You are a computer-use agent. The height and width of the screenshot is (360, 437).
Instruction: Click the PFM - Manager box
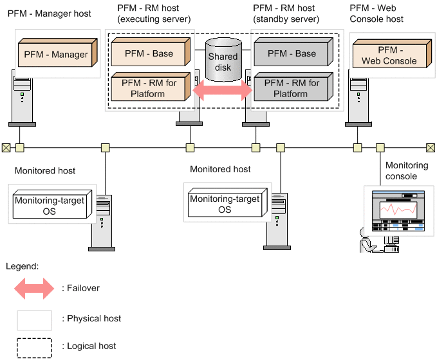[x=57, y=55]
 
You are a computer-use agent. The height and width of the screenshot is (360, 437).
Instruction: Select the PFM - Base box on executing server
[x=149, y=53]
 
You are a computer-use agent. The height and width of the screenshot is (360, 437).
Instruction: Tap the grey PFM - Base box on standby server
[x=291, y=53]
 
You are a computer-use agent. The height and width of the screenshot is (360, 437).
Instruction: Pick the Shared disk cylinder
[x=222, y=59]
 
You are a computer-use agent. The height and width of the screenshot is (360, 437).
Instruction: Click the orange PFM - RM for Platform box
[x=149, y=88]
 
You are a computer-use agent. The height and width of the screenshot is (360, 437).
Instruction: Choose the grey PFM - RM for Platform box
[x=291, y=88]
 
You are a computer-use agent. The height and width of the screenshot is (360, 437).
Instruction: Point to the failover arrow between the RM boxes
[x=222, y=90]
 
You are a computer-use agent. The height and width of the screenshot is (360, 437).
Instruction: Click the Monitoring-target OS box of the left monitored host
[x=49, y=206]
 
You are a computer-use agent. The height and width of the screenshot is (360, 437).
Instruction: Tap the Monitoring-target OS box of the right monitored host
[x=224, y=204]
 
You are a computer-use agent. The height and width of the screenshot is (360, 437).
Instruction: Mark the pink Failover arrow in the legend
[x=35, y=289]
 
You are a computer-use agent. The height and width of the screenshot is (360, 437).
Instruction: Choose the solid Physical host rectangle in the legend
[x=35, y=319]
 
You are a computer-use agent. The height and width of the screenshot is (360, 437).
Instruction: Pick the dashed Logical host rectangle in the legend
[x=35, y=347]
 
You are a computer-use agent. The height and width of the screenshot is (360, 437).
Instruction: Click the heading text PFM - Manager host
[x=50, y=14]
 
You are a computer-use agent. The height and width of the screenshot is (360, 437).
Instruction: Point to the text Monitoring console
[x=406, y=171]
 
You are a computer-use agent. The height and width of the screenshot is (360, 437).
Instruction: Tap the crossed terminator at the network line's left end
[x=6, y=147]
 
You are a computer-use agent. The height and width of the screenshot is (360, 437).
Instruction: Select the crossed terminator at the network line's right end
[x=431, y=147]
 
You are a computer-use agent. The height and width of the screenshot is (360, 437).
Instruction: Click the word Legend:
[x=23, y=265]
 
